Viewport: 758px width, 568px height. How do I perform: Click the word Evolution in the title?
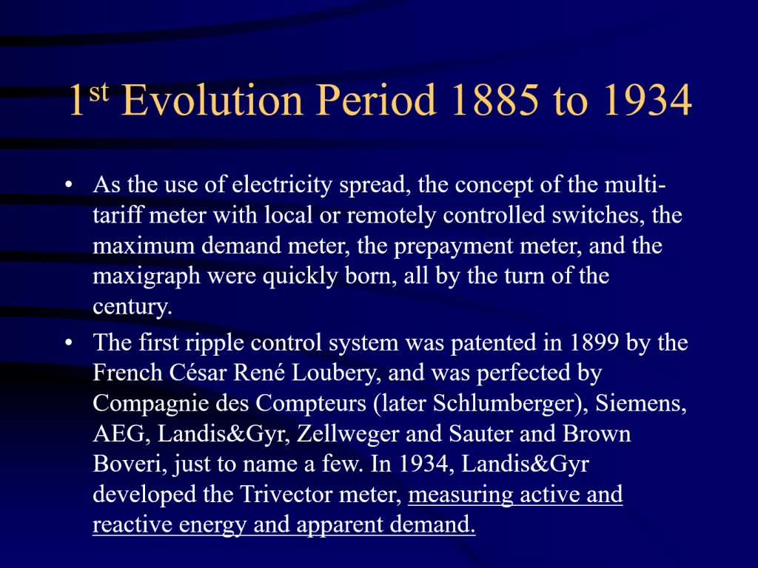pyautogui.click(x=212, y=100)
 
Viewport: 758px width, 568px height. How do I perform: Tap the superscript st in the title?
pyautogui.click(x=98, y=91)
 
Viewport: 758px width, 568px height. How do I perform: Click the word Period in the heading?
pyautogui.click(x=376, y=100)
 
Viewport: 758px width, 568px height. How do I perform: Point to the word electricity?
pyautogui.click(x=282, y=184)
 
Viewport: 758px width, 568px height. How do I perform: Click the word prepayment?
pyautogui.click(x=453, y=246)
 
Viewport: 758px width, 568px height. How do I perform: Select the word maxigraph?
pyautogui.click(x=146, y=277)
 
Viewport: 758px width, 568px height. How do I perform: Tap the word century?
pyautogui.click(x=132, y=307)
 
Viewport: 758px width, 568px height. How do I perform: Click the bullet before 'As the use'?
pyautogui.click(x=69, y=184)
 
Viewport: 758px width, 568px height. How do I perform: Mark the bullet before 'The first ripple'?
pyautogui.click(x=69, y=342)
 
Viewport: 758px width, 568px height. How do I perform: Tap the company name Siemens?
pyautogui.click(x=640, y=403)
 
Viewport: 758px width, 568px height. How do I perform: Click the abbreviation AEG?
pyautogui.click(x=118, y=433)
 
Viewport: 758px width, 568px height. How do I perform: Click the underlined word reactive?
pyautogui.click(x=133, y=524)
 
